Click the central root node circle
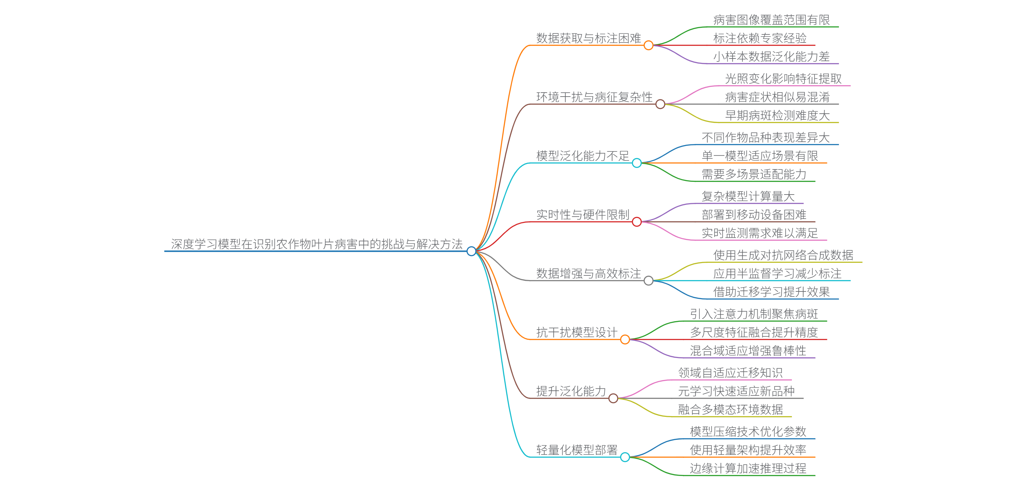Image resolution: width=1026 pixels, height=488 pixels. pyautogui.click(x=471, y=251)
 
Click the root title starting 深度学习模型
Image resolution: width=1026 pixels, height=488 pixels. pyautogui.click(x=317, y=244)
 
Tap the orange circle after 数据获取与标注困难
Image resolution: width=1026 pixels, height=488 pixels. pyautogui.click(x=648, y=45)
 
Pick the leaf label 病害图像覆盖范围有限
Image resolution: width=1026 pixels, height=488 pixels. pyautogui.click(x=771, y=20)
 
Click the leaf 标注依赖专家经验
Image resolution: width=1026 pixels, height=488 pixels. pyautogui.click(x=759, y=38)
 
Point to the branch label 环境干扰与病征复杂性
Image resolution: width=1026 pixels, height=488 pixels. pyautogui.click(x=594, y=97)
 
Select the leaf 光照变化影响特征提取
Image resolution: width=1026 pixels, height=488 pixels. pyautogui.click(x=783, y=79)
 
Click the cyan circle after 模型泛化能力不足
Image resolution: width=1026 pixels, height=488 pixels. pyautogui.click(x=637, y=163)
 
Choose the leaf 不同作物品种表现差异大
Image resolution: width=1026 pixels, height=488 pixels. pyautogui.click(x=765, y=138)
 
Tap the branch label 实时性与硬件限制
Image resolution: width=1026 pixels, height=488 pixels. pyautogui.click(x=582, y=215)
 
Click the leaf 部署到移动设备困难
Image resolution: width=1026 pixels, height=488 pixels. pyautogui.click(x=753, y=215)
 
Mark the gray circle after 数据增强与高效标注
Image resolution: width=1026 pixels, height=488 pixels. pyautogui.click(x=648, y=281)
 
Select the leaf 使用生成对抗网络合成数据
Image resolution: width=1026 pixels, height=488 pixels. pyautogui.click(x=783, y=255)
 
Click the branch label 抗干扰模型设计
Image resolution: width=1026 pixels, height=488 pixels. pyautogui.click(x=576, y=332)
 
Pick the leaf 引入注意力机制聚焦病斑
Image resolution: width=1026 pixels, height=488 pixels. pyautogui.click(x=753, y=314)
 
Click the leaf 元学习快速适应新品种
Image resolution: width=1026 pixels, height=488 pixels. pyautogui.click(x=736, y=391)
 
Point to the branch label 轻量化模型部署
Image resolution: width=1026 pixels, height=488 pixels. pyautogui.click(x=576, y=450)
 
